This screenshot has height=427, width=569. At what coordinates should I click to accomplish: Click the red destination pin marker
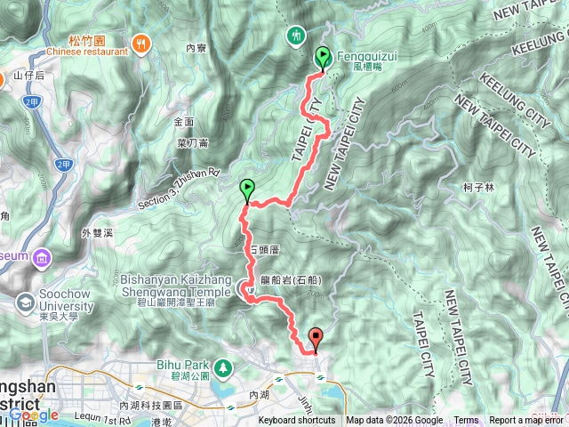(316, 338)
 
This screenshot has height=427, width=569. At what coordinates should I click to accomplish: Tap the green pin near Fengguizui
(321, 57)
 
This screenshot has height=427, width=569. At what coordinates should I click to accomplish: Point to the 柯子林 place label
(478, 187)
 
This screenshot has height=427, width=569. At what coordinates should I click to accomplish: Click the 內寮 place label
(196, 48)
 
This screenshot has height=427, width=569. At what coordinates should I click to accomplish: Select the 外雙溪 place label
(98, 233)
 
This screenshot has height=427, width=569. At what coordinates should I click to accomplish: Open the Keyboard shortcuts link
(297, 421)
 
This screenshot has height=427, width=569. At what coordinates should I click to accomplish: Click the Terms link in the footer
(466, 421)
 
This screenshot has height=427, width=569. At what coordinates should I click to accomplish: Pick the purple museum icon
(42, 258)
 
